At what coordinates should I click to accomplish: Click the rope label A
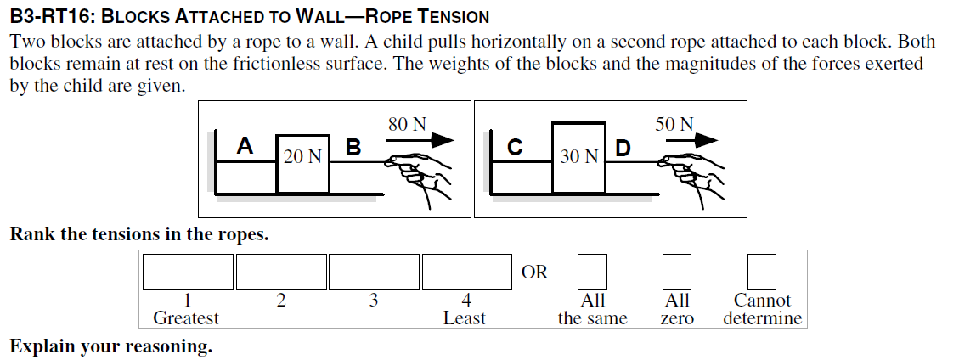pyautogui.click(x=245, y=146)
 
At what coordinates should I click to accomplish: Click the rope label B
pyautogui.click(x=353, y=148)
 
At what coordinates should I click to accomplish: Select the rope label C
pyautogui.click(x=514, y=148)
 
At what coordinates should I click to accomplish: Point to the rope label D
pyautogui.click(x=623, y=149)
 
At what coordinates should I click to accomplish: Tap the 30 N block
pyautogui.click(x=578, y=158)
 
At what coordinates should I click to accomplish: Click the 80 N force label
pyautogui.click(x=407, y=124)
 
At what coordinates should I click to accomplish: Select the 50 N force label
pyautogui.click(x=674, y=124)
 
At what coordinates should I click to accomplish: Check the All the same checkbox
pyautogui.click(x=592, y=272)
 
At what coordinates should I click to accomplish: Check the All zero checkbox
pyautogui.click(x=677, y=272)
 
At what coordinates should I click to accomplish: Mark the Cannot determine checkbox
pyautogui.click(x=761, y=272)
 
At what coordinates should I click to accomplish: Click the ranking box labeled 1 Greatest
pyautogui.click(x=188, y=272)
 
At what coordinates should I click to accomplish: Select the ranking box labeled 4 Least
pyautogui.click(x=465, y=272)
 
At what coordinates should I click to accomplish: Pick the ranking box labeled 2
pyautogui.click(x=280, y=272)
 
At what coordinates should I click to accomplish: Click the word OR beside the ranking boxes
pyautogui.click(x=535, y=273)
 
